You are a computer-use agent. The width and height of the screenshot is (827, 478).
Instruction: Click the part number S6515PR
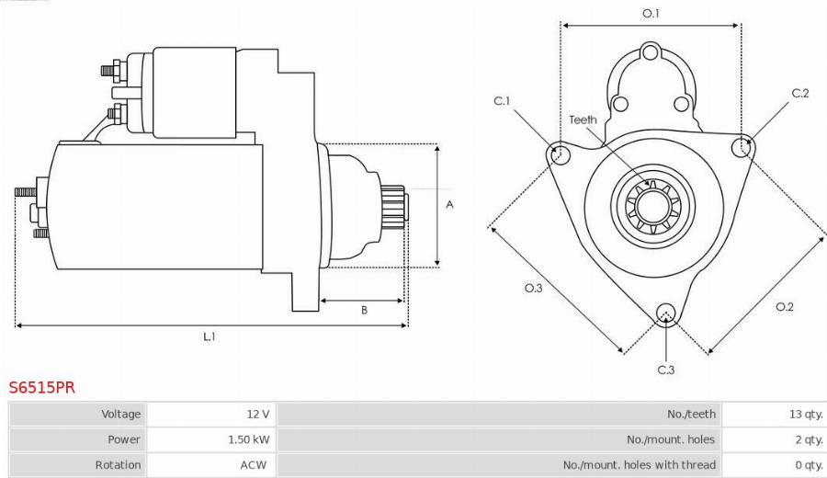point(42,387)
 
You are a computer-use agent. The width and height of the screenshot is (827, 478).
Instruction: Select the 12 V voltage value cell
point(258,415)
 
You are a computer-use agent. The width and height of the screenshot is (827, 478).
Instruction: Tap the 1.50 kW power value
point(248,439)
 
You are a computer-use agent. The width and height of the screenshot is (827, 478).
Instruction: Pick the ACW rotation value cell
point(253,465)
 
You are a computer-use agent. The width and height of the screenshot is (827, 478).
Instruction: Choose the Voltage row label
point(121,415)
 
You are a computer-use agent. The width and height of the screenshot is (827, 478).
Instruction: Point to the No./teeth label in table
point(691,415)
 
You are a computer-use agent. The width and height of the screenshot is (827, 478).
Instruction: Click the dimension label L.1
point(210,336)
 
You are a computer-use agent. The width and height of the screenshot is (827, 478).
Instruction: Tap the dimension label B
point(364,311)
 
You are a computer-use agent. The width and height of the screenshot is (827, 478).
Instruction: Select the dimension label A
point(449,205)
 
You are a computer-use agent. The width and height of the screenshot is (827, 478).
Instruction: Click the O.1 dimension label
point(651,13)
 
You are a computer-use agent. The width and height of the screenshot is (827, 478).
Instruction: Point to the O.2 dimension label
point(784,306)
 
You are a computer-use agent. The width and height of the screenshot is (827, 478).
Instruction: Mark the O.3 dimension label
point(533,289)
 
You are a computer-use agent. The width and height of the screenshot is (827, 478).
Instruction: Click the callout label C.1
point(502,101)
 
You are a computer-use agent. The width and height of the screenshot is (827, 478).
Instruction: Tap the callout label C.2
point(799,93)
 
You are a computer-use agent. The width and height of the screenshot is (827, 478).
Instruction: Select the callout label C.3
point(666,370)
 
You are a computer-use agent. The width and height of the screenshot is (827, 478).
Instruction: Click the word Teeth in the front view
point(583,119)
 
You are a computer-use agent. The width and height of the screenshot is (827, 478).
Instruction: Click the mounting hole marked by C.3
point(667,312)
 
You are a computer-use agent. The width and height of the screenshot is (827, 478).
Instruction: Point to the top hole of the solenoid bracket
point(651,52)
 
